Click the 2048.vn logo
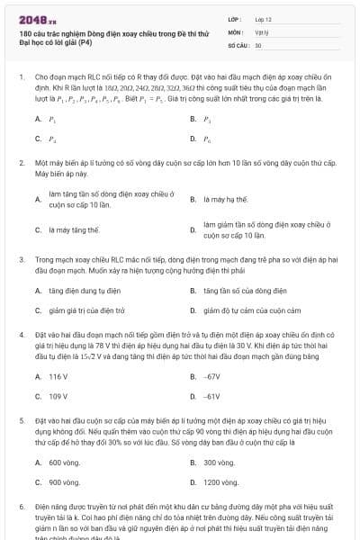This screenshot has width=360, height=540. pos(38,18)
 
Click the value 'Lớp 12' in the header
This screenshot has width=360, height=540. pos(264,18)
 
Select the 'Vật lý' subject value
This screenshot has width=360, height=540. pos(263,31)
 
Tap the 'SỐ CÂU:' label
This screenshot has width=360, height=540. pos(238,44)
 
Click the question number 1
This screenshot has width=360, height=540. pos(21,77)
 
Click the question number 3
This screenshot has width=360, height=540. pos(21,258)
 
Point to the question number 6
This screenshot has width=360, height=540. pos(21,507)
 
